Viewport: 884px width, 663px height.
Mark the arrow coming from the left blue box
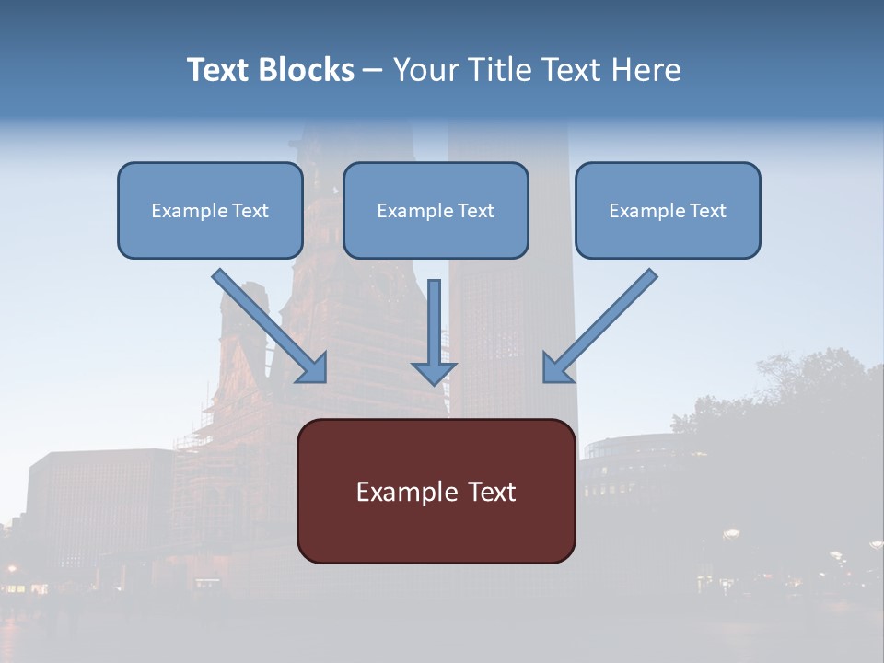click(272, 327)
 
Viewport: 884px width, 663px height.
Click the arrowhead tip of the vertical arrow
click(434, 382)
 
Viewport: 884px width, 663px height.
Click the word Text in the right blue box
click(708, 211)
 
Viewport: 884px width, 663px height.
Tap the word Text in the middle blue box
click(476, 211)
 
